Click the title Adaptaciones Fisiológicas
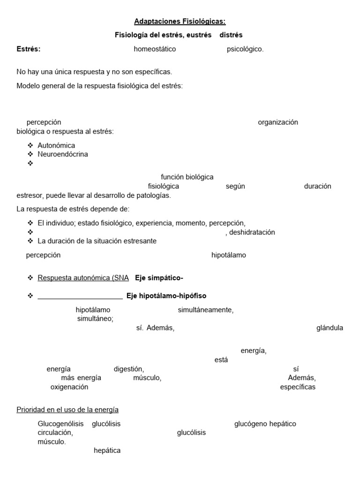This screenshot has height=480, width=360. (x=180, y=21)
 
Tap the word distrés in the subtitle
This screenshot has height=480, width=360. (x=231, y=35)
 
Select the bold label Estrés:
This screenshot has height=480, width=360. (x=29, y=49)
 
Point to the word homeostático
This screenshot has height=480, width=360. (x=155, y=49)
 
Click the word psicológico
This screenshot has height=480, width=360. (x=245, y=49)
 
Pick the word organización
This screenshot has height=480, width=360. (x=278, y=122)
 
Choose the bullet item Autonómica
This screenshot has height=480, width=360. (x=56, y=145)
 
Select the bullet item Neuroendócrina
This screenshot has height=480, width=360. (x=63, y=154)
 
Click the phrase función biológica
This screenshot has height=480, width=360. (x=187, y=177)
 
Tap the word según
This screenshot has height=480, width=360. (x=235, y=186)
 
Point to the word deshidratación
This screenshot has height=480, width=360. (x=252, y=232)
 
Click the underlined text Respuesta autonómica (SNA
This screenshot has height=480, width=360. (x=83, y=278)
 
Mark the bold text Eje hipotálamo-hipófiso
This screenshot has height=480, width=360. (x=166, y=296)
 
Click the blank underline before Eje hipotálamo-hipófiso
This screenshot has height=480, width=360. (x=80, y=297)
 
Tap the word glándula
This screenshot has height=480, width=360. (x=330, y=328)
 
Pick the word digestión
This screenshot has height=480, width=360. (x=128, y=369)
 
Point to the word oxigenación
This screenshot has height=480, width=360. (x=69, y=387)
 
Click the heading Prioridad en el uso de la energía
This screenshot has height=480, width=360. (x=67, y=410)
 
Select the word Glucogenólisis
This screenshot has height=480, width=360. (x=61, y=424)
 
